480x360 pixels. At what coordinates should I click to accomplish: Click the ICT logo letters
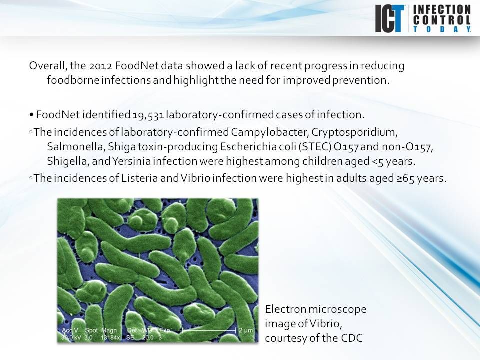tap(390, 19)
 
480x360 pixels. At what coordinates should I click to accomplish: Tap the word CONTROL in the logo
tap(442, 20)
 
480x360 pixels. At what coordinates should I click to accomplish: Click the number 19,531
tap(148, 115)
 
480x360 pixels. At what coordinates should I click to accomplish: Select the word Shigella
tap(66, 161)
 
